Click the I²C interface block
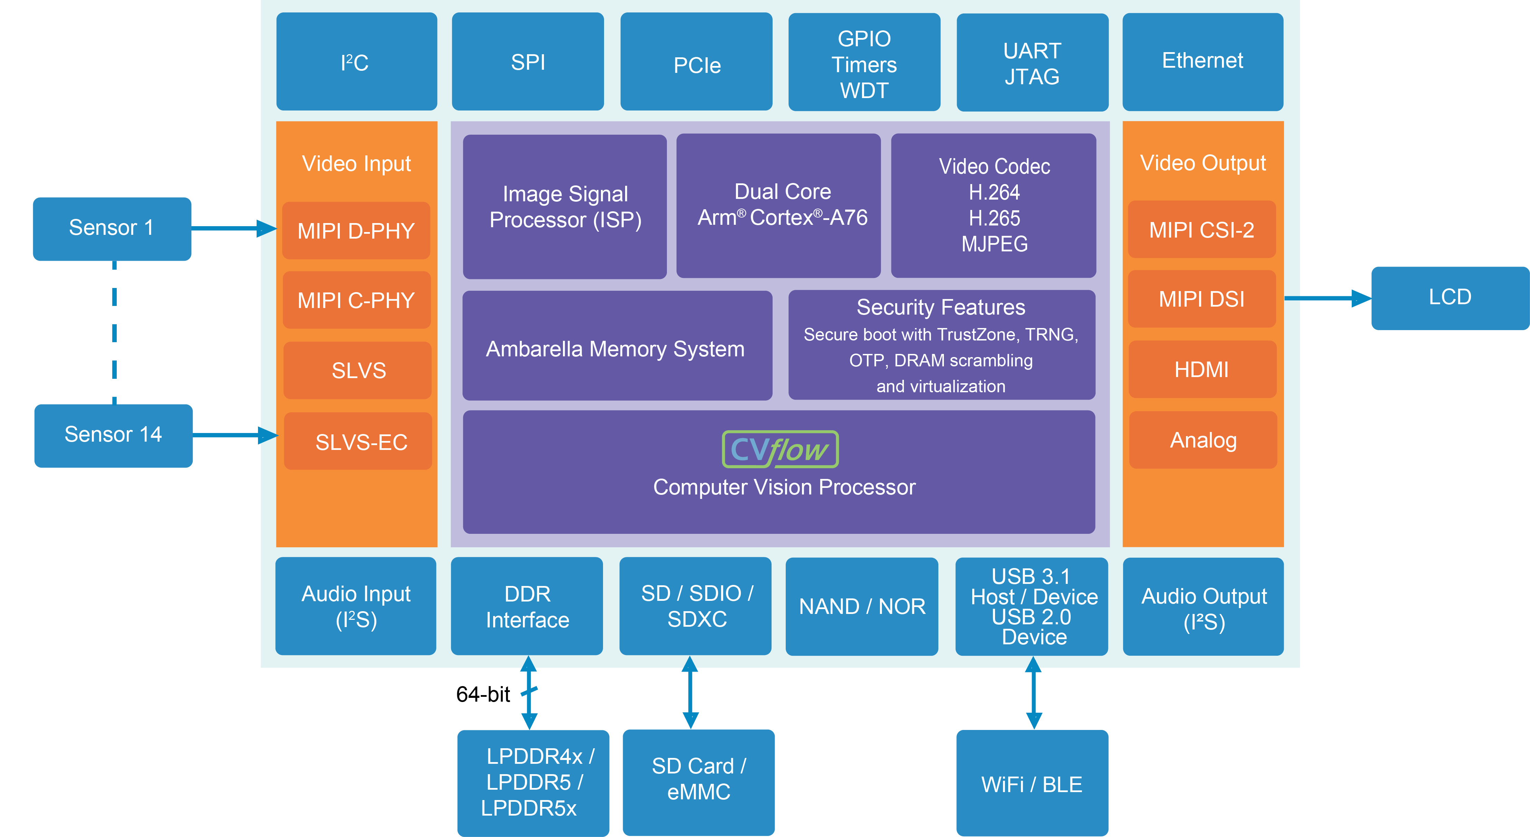[356, 62]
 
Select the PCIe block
[696, 62]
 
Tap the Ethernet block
[1203, 62]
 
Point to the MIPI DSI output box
[1202, 299]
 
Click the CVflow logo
[780, 449]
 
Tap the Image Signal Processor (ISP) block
[565, 206]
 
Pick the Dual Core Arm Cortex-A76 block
[779, 205]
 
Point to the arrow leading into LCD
[1328, 298]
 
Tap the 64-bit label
[483, 694]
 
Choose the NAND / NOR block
[862, 606]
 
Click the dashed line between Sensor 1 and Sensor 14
[115, 333]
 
